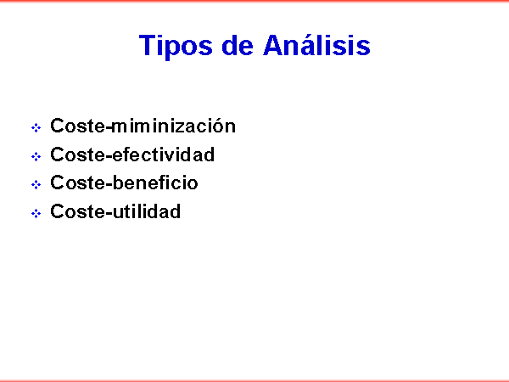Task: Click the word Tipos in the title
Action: [x=176, y=47]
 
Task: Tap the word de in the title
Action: [x=238, y=45]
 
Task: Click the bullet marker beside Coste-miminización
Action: [x=36, y=127]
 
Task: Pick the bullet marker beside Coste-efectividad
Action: [x=36, y=156]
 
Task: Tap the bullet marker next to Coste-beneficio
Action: [x=36, y=185]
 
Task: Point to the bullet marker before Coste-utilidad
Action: [x=36, y=213]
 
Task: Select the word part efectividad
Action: [x=163, y=154]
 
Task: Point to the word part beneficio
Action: [x=155, y=183]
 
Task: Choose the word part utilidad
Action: [x=147, y=211]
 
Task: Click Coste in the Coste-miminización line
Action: [x=78, y=126]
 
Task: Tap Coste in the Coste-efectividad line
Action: [x=78, y=154]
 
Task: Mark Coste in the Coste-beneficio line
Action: [x=78, y=183]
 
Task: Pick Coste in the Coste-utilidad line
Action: [x=78, y=211]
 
